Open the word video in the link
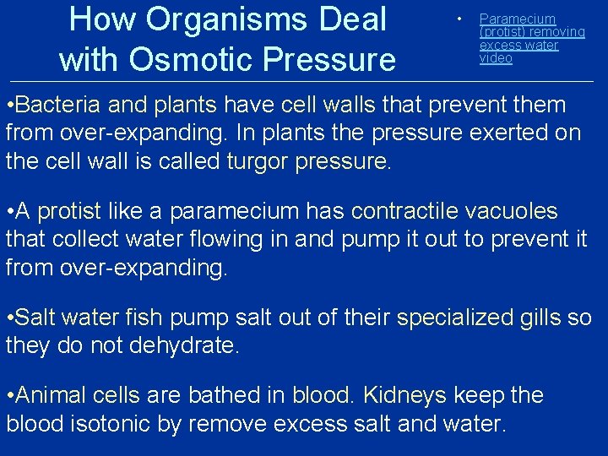[x=496, y=58]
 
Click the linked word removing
[x=559, y=32]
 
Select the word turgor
[x=257, y=161]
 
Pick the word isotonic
[x=110, y=423]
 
